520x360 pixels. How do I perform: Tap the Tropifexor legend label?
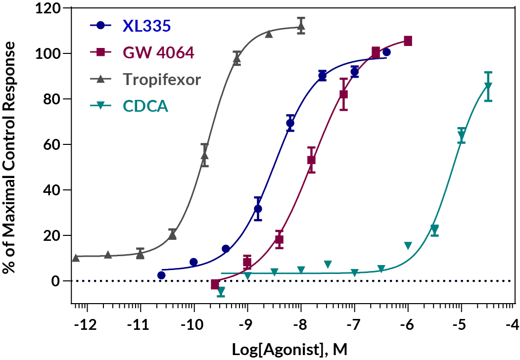pos(161,79)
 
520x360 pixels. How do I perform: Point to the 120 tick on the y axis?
pos(47,8)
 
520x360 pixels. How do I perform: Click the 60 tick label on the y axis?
pos(53,144)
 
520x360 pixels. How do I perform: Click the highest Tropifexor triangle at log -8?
pos(301,27)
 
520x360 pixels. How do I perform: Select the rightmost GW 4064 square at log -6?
pos(408,41)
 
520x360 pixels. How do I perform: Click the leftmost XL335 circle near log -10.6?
pos(161,275)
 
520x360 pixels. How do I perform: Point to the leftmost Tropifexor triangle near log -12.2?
pos(76,258)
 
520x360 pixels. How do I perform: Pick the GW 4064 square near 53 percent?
pos(311,160)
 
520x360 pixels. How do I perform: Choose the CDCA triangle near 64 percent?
pos(461,135)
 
